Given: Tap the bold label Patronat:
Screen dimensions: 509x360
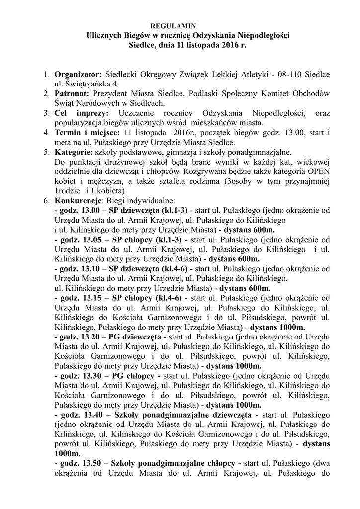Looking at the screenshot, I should point(72,93).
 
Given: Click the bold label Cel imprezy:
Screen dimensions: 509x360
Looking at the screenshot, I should point(76,113).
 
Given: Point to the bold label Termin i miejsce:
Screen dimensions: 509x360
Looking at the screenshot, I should point(87,133).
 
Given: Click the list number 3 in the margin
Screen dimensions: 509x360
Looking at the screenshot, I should point(45,113).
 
